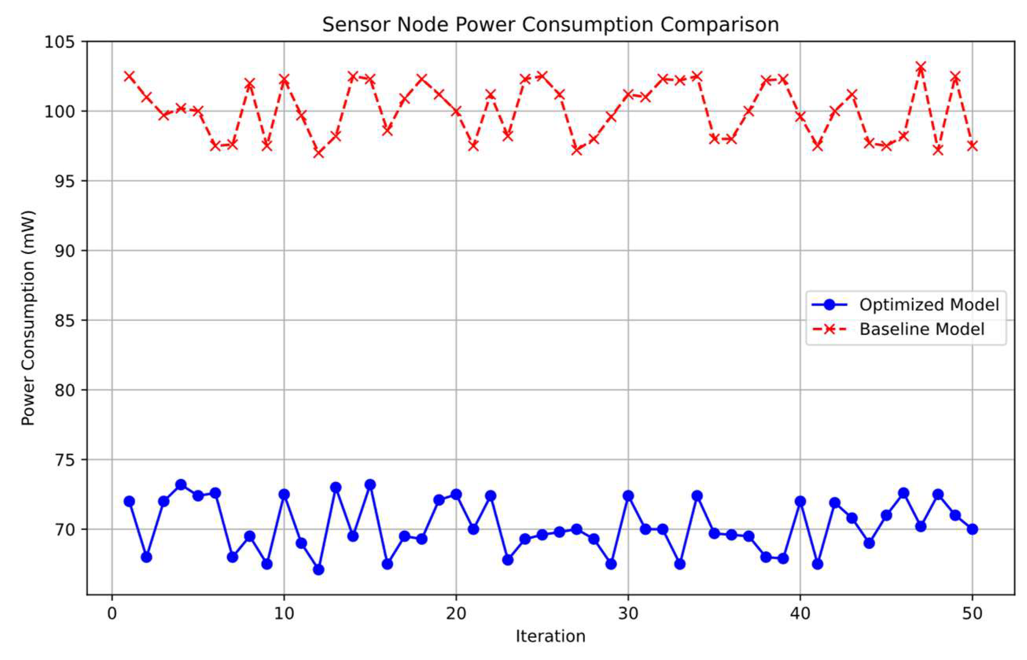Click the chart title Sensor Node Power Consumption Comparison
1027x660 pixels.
550,25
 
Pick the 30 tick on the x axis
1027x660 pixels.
628,614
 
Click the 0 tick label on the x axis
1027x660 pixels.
112,614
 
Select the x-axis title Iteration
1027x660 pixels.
550,637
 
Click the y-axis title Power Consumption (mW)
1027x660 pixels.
28,318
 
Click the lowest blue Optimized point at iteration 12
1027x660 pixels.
318,570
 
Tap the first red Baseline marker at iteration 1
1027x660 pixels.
129,76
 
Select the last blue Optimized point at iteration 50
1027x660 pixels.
972,529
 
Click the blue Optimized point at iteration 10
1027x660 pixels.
284,494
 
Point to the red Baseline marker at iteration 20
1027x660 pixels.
456,111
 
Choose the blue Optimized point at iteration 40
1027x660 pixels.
800,501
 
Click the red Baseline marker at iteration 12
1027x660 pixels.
318,153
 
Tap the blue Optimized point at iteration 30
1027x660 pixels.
628,496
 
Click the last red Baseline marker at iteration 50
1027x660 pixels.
972,146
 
